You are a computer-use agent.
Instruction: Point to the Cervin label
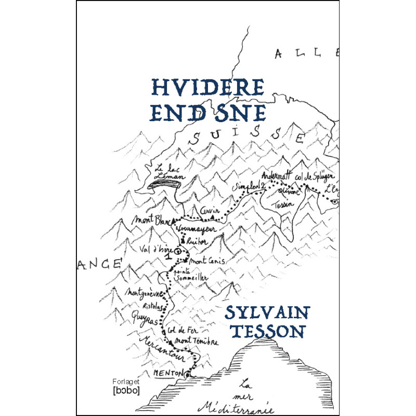pos(210,210)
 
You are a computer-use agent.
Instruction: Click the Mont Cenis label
pos(207,261)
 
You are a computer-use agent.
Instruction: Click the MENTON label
pos(169,374)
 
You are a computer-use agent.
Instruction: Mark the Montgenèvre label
pos(146,293)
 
